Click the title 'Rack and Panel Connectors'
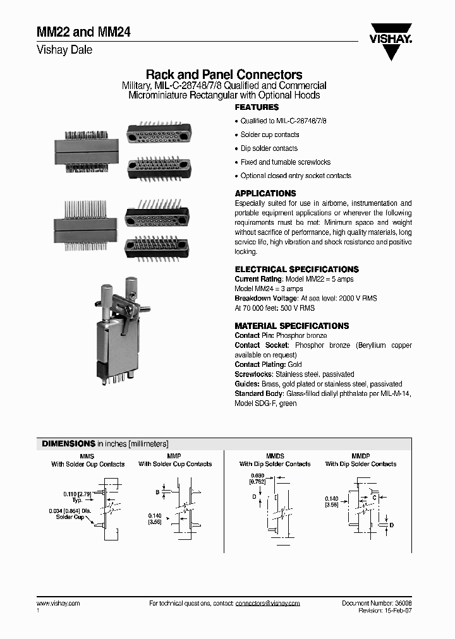(x=224, y=75)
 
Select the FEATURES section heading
(x=257, y=107)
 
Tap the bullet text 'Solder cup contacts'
(x=270, y=134)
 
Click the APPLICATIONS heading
(x=265, y=193)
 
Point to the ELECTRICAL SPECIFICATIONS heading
(x=296, y=269)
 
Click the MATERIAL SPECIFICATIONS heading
(x=291, y=326)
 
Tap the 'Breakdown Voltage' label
(x=266, y=298)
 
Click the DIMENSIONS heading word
(x=68, y=443)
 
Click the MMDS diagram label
(x=274, y=455)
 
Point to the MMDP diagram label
(x=360, y=455)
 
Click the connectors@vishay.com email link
(x=267, y=604)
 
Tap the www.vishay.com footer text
(x=58, y=604)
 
